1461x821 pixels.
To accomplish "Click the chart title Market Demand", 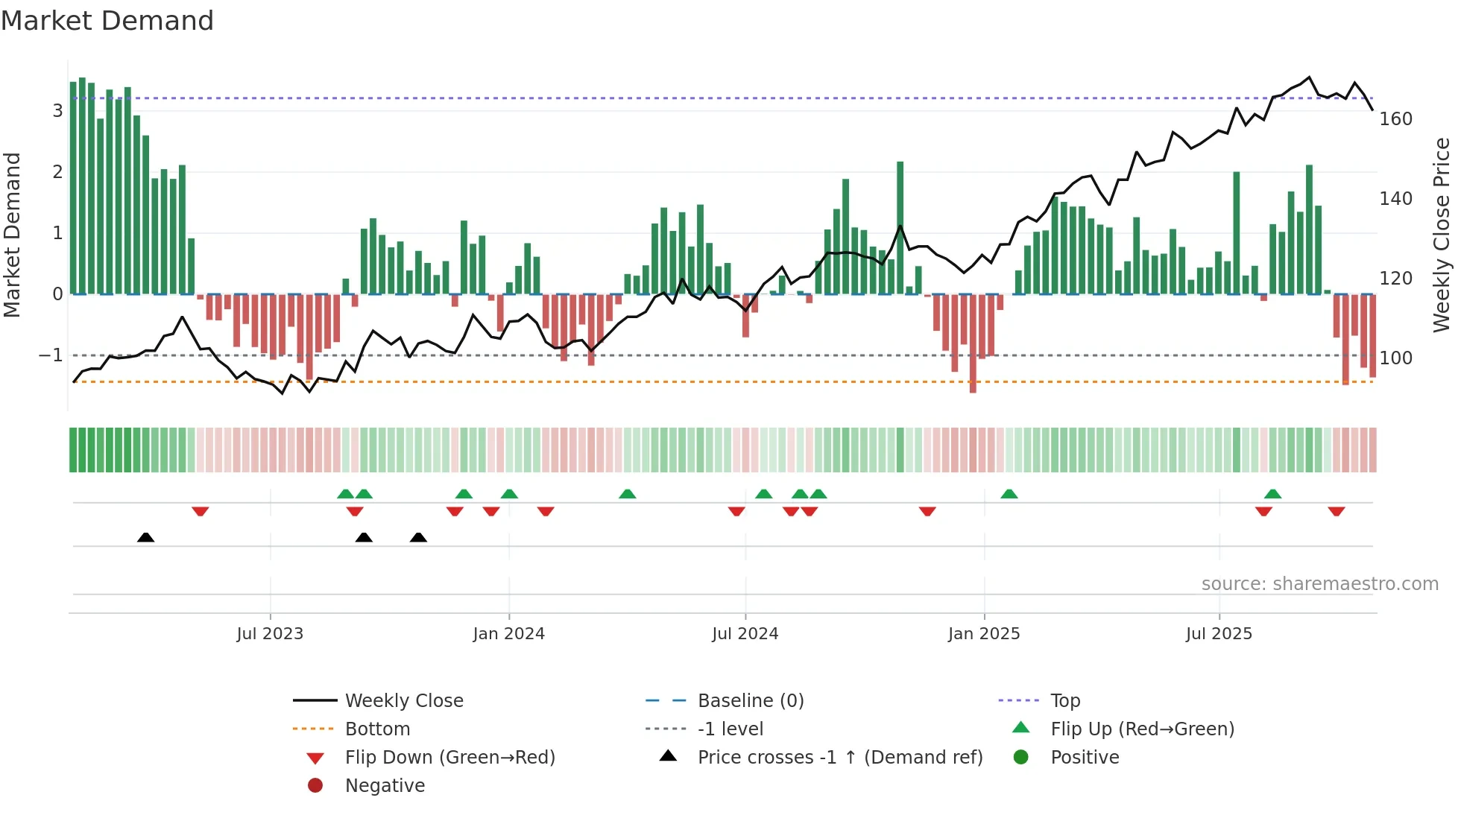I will tap(107, 21).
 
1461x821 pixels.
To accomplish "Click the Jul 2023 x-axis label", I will tap(270, 634).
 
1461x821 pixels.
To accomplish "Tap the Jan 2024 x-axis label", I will tap(508, 634).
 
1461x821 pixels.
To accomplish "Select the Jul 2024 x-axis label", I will tap(745, 634).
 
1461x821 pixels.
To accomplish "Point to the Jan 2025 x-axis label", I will tap(983, 634).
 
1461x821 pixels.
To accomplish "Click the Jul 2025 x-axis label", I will tap(1219, 634).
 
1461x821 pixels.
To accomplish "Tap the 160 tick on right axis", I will tap(1395, 119).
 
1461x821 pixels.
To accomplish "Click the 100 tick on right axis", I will tap(1395, 358).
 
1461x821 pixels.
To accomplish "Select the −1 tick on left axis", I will tap(51, 355).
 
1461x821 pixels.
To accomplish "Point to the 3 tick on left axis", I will tap(57, 111).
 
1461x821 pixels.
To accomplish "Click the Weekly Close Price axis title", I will tap(1442, 235).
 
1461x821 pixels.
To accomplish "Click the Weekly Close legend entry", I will tap(403, 701).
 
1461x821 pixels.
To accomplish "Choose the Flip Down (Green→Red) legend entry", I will tap(449, 758).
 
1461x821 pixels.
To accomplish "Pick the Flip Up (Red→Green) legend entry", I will tap(1142, 729).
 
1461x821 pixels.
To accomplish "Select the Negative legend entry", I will tap(385, 786).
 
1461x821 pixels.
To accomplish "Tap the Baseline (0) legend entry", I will tap(750, 701).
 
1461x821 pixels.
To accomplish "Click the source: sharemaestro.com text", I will tap(1319, 584).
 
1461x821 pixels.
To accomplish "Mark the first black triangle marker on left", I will tap(146, 537).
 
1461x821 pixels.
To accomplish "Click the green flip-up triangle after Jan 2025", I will tap(1009, 494).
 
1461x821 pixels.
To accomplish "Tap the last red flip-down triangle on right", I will tap(1336, 512).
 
